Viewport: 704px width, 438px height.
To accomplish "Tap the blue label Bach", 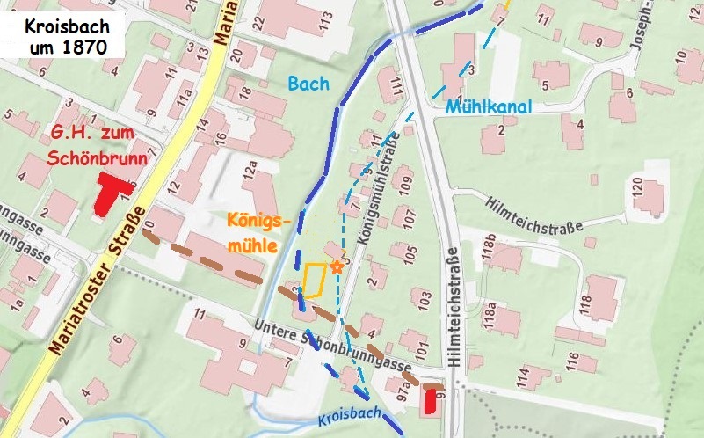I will pos(307,84).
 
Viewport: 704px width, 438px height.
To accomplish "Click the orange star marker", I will pos(336,266).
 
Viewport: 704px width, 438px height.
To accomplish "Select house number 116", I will pos(574,361).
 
